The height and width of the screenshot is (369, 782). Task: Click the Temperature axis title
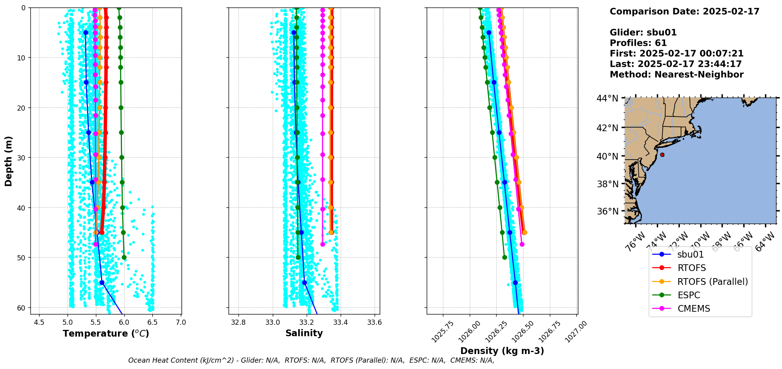click(106, 334)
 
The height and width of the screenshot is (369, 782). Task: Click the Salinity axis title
click(304, 333)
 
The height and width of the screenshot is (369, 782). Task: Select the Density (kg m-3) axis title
click(502, 351)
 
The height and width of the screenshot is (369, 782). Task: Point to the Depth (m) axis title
click(9, 161)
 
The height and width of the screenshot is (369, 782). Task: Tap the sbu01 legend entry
click(690, 255)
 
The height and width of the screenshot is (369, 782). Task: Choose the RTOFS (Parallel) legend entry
click(712, 282)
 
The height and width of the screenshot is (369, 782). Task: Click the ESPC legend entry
click(688, 296)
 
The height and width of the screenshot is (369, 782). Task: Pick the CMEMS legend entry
click(694, 309)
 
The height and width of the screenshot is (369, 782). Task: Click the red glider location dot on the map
click(662, 155)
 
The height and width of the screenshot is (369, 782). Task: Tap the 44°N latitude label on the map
click(608, 98)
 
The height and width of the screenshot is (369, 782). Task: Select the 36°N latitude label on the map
click(608, 211)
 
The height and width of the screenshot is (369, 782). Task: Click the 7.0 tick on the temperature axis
click(181, 323)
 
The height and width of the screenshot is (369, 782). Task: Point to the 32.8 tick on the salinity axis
click(238, 323)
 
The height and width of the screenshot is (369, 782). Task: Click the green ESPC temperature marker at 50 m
click(124, 258)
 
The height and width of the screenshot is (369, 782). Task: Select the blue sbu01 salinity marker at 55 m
click(304, 282)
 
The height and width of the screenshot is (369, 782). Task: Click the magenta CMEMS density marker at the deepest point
click(522, 244)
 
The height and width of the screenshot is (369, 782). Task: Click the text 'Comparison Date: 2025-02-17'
click(684, 12)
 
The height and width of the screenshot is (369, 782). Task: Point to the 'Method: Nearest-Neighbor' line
click(676, 75)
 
